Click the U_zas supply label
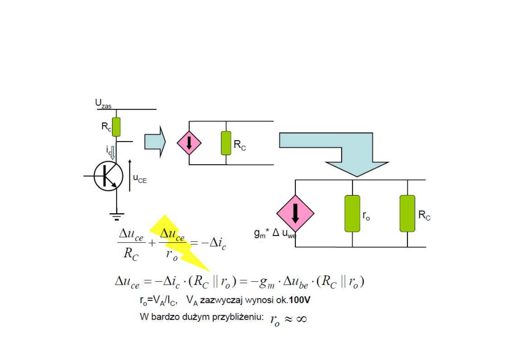point(103,104)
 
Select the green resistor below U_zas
point(116,127)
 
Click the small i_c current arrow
point(113,152)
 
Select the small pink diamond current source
point(189,143)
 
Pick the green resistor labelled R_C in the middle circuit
point(226,143)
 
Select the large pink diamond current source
point(295,213)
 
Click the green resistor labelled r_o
point(352,213)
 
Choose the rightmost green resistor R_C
point(407,213)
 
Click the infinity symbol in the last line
point(301,319)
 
